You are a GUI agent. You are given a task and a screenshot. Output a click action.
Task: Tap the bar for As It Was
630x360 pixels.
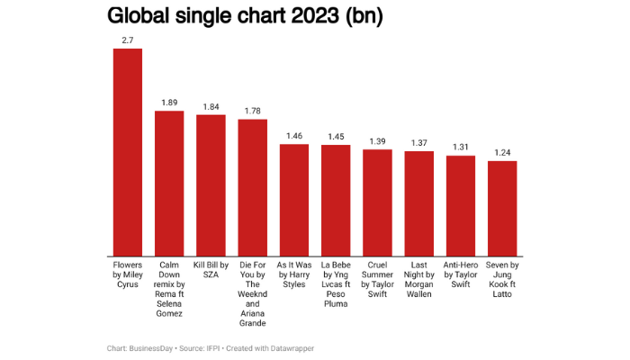click(x=294, y=199)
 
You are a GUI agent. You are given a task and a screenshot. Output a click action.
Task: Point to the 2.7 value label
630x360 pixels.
click(x=127, y=40)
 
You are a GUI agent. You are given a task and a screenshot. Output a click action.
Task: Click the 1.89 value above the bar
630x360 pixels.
click(x=169, y=103)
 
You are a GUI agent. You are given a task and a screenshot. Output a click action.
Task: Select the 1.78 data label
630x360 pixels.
click(x=253, y=111)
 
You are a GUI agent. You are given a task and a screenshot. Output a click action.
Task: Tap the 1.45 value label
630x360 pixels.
click(x=336, y=136)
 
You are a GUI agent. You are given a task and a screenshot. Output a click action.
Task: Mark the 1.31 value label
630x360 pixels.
click(x=461, y=147)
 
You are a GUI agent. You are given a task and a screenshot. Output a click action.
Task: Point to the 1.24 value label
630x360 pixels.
click(x=502, y=152)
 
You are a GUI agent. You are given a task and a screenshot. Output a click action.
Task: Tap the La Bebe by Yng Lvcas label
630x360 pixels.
click(x=336, y=284)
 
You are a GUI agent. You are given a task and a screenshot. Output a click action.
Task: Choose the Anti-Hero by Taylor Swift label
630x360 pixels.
click(x=461, y=275)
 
